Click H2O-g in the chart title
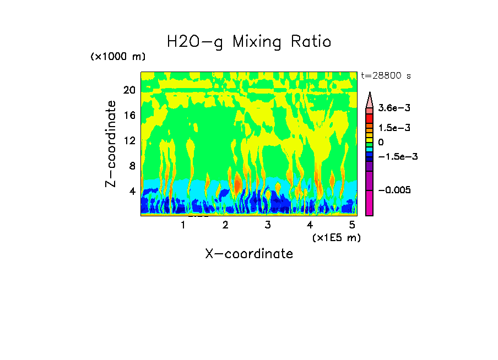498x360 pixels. [x=195, y=42]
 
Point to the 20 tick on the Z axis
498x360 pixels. [x=129, y=90]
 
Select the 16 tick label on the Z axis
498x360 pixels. [x=129, y=116]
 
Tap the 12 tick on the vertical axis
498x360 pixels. [x=129, y=140]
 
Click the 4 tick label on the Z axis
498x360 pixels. [x=132, y=191]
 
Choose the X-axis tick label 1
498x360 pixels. [x=183, y=225]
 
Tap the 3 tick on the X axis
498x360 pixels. [x=267, y=225]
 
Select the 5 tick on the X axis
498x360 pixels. [x=352, y=225]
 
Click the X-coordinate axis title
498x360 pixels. [x=249, y=254]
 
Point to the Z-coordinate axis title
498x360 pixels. [x=112, y=144]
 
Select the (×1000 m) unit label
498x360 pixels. [x=118, y=57]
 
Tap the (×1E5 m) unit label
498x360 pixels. [x=337, y=237]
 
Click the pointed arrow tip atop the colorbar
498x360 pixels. [x=370, y=95]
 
